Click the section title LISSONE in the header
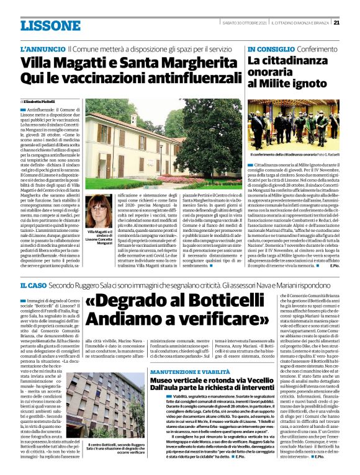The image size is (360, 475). click(50, 25)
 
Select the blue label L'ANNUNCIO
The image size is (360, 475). click(42, 48)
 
